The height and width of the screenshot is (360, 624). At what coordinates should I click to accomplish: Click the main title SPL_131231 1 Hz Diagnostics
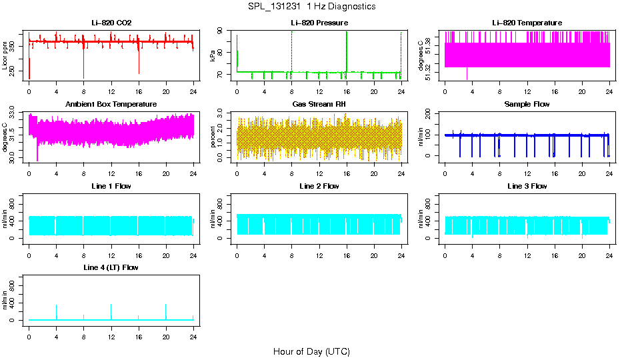coord(311,6)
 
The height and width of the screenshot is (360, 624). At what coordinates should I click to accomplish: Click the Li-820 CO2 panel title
coord(111,23)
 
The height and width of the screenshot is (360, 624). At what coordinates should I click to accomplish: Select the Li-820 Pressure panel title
coord(319,23)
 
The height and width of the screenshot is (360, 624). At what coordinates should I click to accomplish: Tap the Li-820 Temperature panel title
coord(527,23)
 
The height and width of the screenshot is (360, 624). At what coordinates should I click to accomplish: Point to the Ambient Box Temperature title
coord(111,104)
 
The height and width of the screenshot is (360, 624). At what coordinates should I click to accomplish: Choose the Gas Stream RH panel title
coord(319,104)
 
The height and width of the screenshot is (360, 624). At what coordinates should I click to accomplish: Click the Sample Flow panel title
coord(527,104)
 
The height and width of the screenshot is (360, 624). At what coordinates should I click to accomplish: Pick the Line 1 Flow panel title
coord(111,186)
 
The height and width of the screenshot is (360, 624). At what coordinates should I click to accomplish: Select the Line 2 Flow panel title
coord(319,186)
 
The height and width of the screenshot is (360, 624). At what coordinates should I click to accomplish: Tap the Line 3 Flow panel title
coord(527,186)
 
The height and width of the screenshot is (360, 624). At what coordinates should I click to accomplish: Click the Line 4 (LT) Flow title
coord(111,267)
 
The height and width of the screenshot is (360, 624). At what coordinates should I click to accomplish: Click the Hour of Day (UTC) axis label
coord(311,351)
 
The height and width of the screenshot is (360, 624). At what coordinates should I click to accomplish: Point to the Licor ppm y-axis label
coord(5,56)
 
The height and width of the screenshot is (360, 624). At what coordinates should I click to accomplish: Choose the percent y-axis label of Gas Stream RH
coord(213,137)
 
